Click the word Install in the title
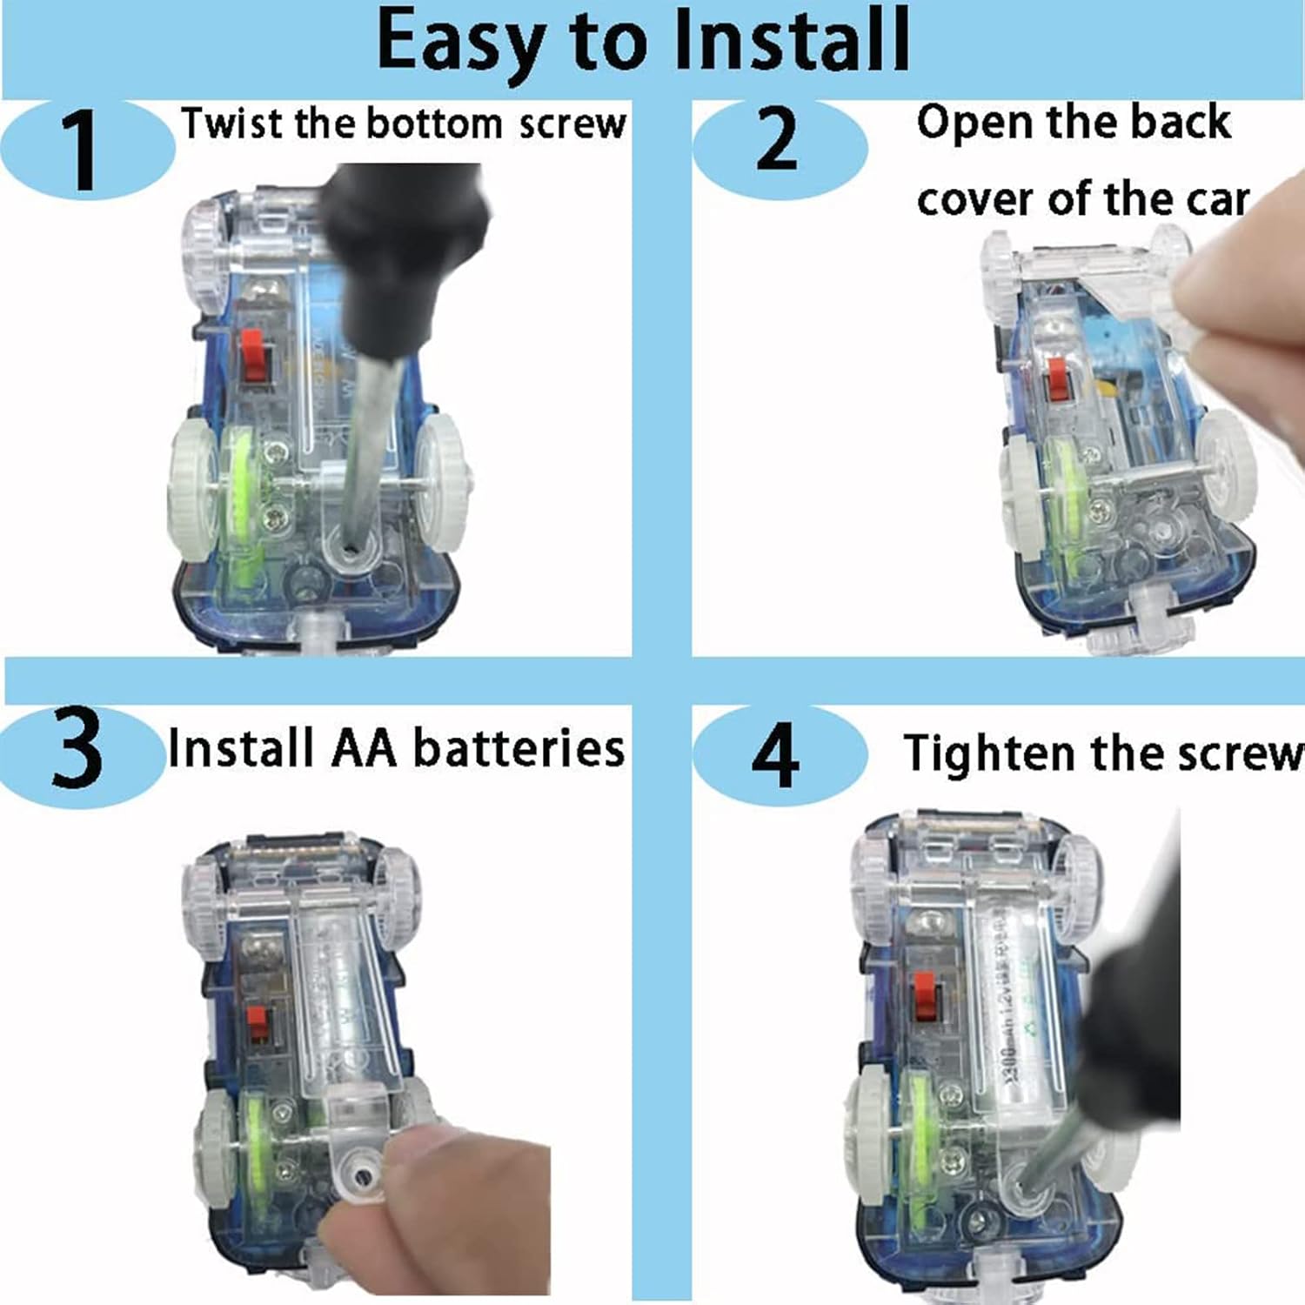click(x=791, y=41)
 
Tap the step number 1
click(x=81, y=151)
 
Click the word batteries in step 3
click(x=519, y=748)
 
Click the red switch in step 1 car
click(x=253, y=355)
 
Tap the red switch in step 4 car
click(x=924, y=997)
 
